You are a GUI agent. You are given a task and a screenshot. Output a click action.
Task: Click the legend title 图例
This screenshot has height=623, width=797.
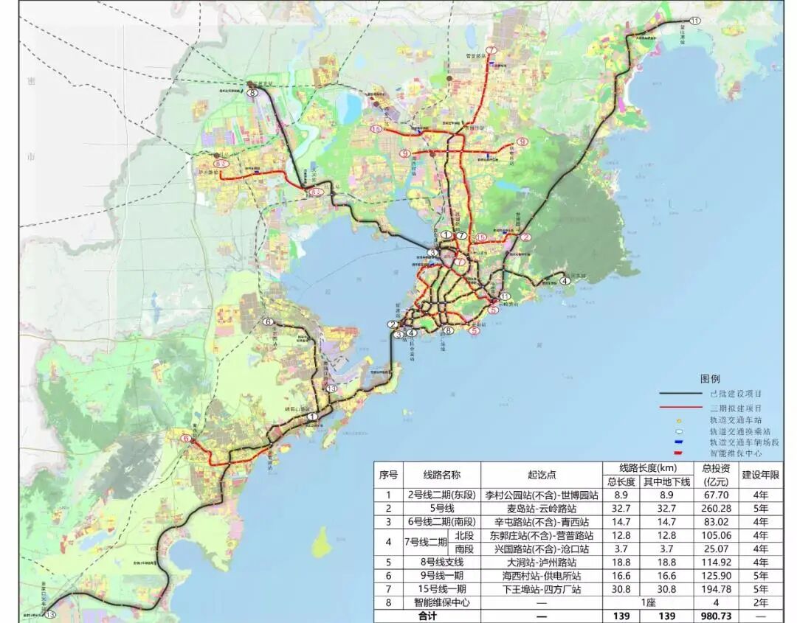pos(710,379)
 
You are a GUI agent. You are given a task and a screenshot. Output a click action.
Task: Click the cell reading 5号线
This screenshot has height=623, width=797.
pos(441,509)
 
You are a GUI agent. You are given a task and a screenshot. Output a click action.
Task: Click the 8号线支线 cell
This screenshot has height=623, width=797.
pos(441,563)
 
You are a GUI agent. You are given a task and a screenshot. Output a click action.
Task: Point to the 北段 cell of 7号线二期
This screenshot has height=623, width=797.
pos(465,535)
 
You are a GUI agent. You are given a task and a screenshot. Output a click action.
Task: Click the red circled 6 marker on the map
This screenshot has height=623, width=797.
pos(186,440)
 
